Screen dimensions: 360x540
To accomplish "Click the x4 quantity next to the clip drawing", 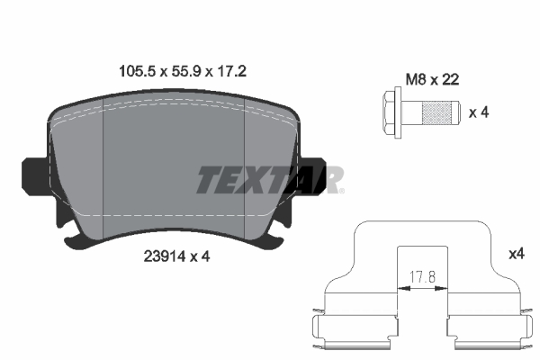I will pos(516,255).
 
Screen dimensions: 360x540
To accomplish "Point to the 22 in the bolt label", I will pos(451,79).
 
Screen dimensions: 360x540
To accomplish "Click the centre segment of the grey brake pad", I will pos(176,171).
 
